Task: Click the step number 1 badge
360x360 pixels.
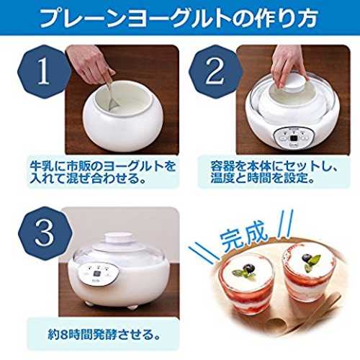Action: point(45,71)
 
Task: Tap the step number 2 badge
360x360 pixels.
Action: point(215,71)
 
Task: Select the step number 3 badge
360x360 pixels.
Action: point(45,233)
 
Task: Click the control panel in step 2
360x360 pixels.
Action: point(292,138)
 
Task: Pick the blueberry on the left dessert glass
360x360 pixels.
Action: point(248,269)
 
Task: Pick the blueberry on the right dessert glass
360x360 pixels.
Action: point(307,258)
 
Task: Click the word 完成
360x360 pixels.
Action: point(243,236)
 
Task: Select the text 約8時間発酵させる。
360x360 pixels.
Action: point(104,334)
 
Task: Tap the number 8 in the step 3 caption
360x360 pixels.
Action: point(63,335)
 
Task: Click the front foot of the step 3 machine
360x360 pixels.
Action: point(132,307)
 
